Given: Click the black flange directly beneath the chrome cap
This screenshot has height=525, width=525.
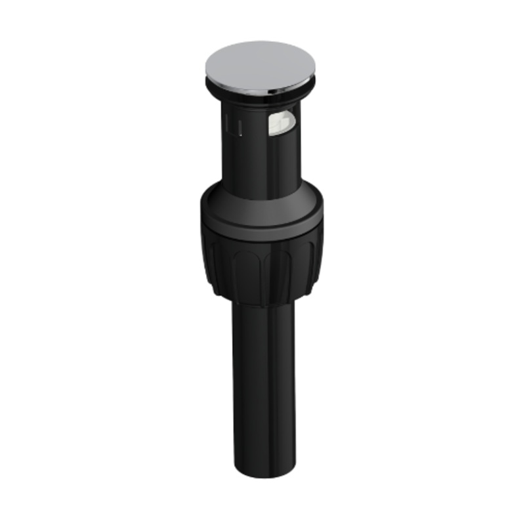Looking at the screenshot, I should point(261,100).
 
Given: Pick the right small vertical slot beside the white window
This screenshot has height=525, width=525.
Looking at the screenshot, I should point(240,126).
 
